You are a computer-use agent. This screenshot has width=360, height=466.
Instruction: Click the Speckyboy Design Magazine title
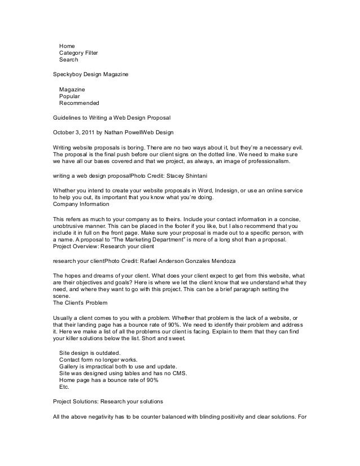[x=90, y=74]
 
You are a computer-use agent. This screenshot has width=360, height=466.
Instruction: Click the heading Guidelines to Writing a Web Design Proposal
[x=111, y=118]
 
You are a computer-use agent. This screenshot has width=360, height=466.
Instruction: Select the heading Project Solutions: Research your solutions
[x=108, y=403]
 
